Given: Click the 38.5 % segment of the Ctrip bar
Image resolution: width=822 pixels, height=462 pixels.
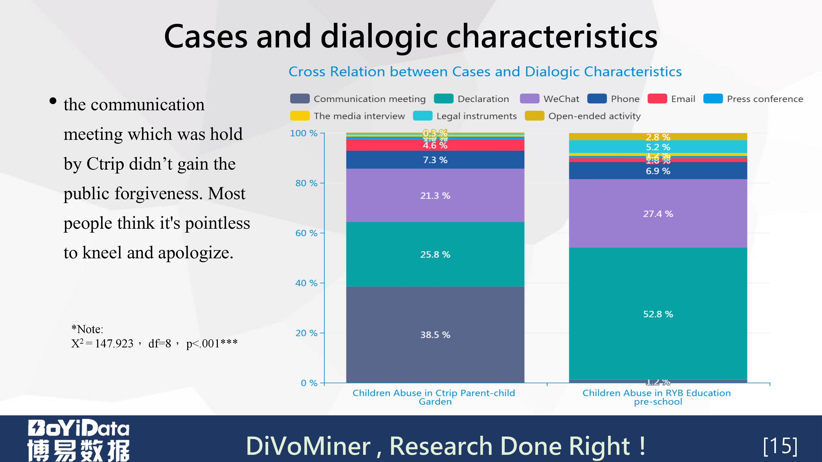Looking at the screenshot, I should (x=435, y=334).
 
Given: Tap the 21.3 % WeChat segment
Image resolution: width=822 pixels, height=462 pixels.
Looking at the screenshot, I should (x=435, y=195).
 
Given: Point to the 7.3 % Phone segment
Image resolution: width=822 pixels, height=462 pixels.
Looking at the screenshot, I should (x=435, y=160).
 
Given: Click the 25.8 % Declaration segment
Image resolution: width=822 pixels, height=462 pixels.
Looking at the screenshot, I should (x=435, y=254).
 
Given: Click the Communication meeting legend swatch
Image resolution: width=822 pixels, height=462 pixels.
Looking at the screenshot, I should (x=300, y=99).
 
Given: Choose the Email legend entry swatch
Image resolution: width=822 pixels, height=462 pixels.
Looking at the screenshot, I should (x=657, y=99).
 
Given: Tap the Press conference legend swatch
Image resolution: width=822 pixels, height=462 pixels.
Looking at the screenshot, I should (x=713, y=99).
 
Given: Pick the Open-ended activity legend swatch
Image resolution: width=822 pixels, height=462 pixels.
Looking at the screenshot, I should (x=534, y=116).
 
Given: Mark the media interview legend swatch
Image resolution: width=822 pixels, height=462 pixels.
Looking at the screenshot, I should (x=300, y=116).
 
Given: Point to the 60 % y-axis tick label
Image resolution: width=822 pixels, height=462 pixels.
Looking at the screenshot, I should (x=306, y=233).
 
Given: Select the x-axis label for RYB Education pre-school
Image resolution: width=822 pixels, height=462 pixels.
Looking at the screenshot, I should (x=657, y=397).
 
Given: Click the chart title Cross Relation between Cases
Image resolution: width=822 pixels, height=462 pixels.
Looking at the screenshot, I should (x=485, y=72).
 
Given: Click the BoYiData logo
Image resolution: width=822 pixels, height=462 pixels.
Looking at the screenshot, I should (x=78, y=440).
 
